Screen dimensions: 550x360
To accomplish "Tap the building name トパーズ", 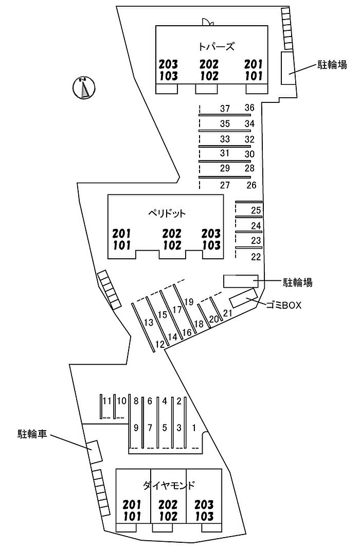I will [216, 46].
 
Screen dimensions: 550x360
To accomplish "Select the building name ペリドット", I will [166, 213].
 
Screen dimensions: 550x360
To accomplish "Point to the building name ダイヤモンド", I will [169, 485].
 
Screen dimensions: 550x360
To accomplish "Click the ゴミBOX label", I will [283, 305].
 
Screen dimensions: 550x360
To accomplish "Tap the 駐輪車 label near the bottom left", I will [32, 434].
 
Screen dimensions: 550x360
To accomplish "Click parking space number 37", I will [225, 109].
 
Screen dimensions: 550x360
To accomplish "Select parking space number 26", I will [251, 185].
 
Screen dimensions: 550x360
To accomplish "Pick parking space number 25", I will [256, 210].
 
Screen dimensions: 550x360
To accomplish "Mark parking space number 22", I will [256, 256].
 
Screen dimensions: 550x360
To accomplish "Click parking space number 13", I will [149, 323].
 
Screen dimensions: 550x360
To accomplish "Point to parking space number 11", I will [107, 401].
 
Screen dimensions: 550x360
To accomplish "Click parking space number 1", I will [194, 427].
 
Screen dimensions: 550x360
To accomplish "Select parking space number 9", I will [136, 427].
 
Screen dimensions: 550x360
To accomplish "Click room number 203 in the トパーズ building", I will [168, 64].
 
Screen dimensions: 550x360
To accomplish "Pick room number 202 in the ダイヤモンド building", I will [168, 504].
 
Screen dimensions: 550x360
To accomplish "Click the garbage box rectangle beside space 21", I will [243, 299].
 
